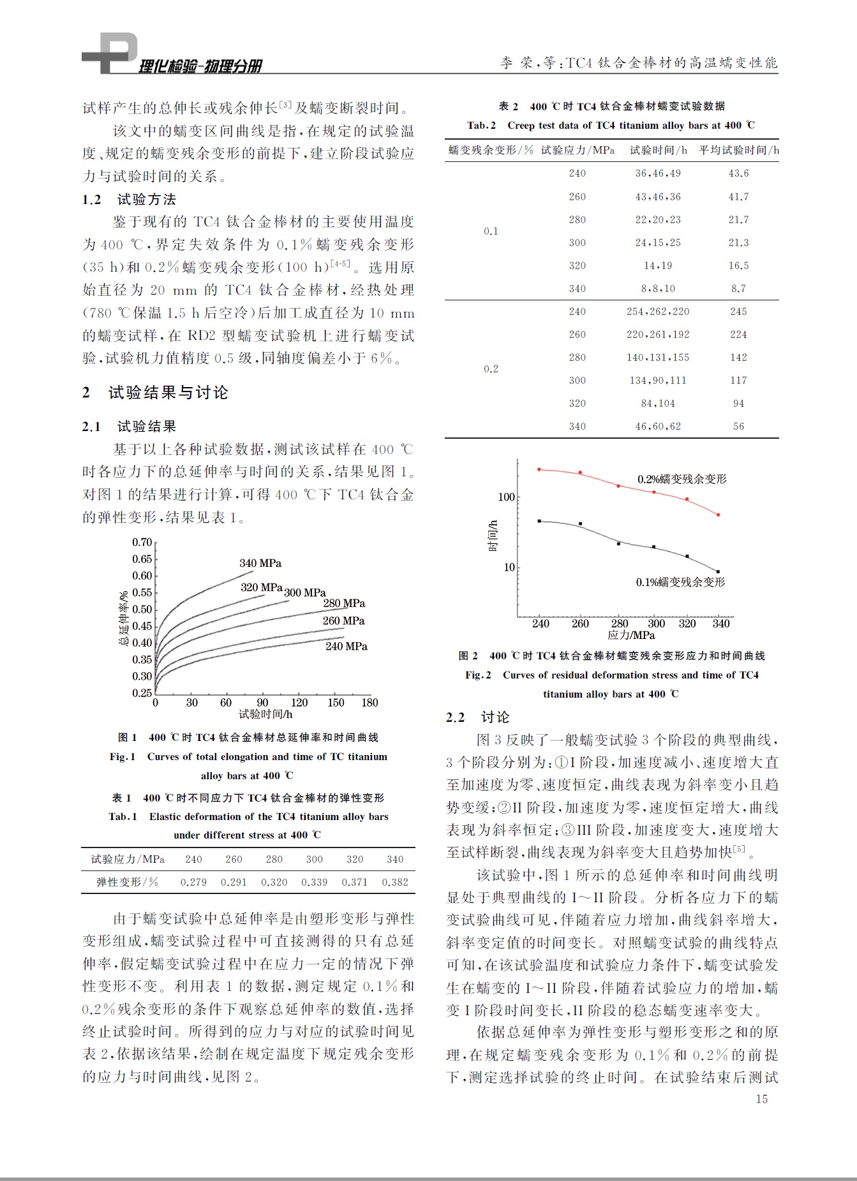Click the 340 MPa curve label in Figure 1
click(260, 563)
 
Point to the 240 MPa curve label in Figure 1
click(347, 646)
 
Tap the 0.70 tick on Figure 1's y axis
click(142, 542)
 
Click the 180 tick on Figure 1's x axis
click(369, 703)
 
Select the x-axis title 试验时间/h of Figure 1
click(265, 714)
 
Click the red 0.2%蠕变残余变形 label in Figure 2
click(682, 479)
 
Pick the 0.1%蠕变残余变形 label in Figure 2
click(680, 582)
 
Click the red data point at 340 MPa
click(719, 515)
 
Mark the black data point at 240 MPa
click(539, 521)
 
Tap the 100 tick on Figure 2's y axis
click(506, 497)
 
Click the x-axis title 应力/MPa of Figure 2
click(631, 635)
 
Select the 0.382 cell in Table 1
click(395, 882)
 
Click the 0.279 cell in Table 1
click(193, 882)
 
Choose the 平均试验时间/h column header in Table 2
click(738, 150)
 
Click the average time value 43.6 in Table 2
click(738, 173)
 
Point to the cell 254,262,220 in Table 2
click(658, 311)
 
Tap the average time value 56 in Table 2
click(738, 426)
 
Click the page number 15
click(761, 1099)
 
